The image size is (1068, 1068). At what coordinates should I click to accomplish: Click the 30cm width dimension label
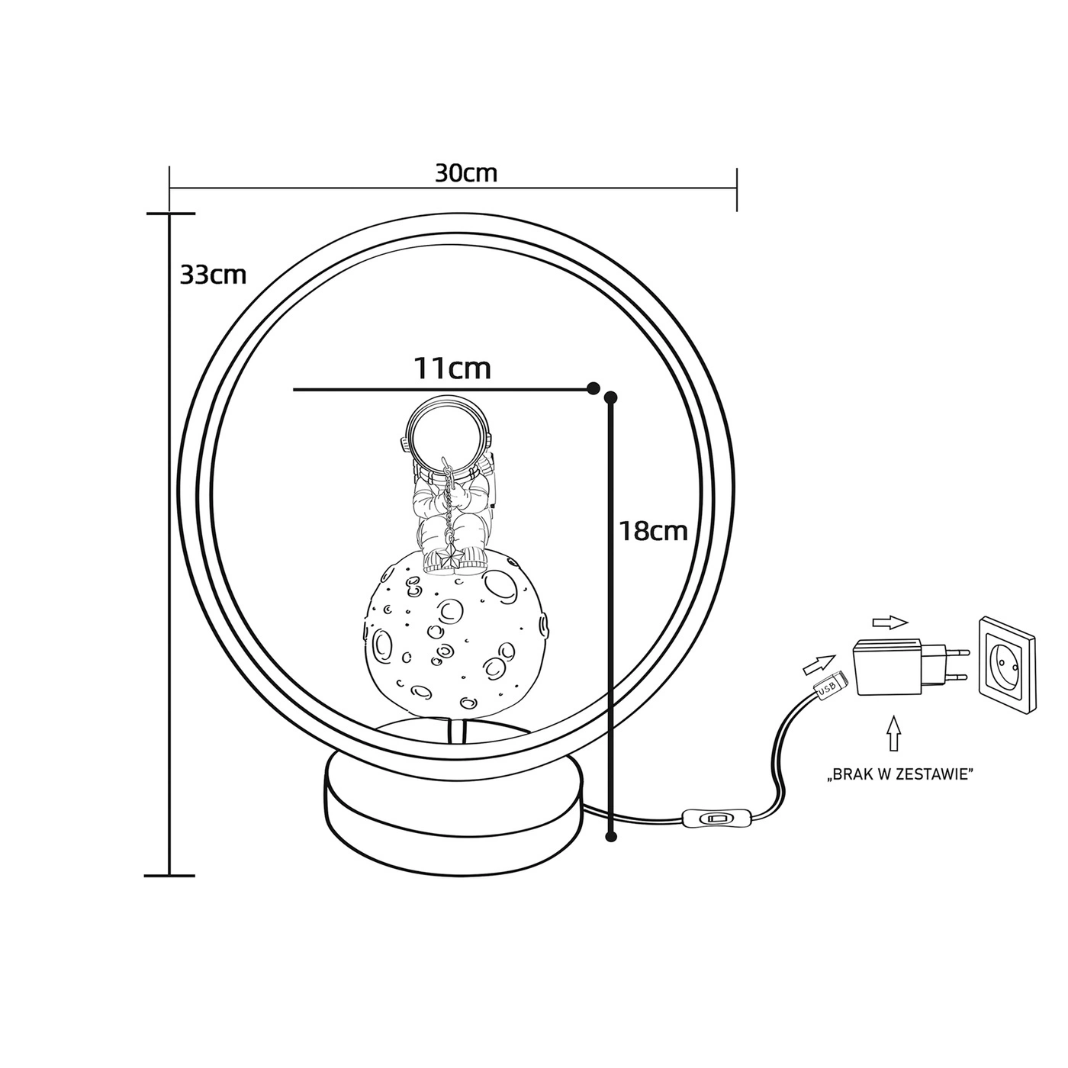[466, 173]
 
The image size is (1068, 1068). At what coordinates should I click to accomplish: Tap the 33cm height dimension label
[213, 275]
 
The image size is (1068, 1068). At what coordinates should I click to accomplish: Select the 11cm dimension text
[453, 368]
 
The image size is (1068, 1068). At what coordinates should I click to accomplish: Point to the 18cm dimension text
[653, 531]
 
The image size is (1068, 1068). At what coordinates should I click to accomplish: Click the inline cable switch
[714, 818]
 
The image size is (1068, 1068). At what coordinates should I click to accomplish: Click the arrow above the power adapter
[890, 623]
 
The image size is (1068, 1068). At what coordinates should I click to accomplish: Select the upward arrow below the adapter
[894, 734]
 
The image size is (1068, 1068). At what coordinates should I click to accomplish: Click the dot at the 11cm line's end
[593, 388]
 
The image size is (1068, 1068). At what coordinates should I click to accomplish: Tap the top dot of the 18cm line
[611, 397]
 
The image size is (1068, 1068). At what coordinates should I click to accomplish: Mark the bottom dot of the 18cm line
[611, 852]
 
